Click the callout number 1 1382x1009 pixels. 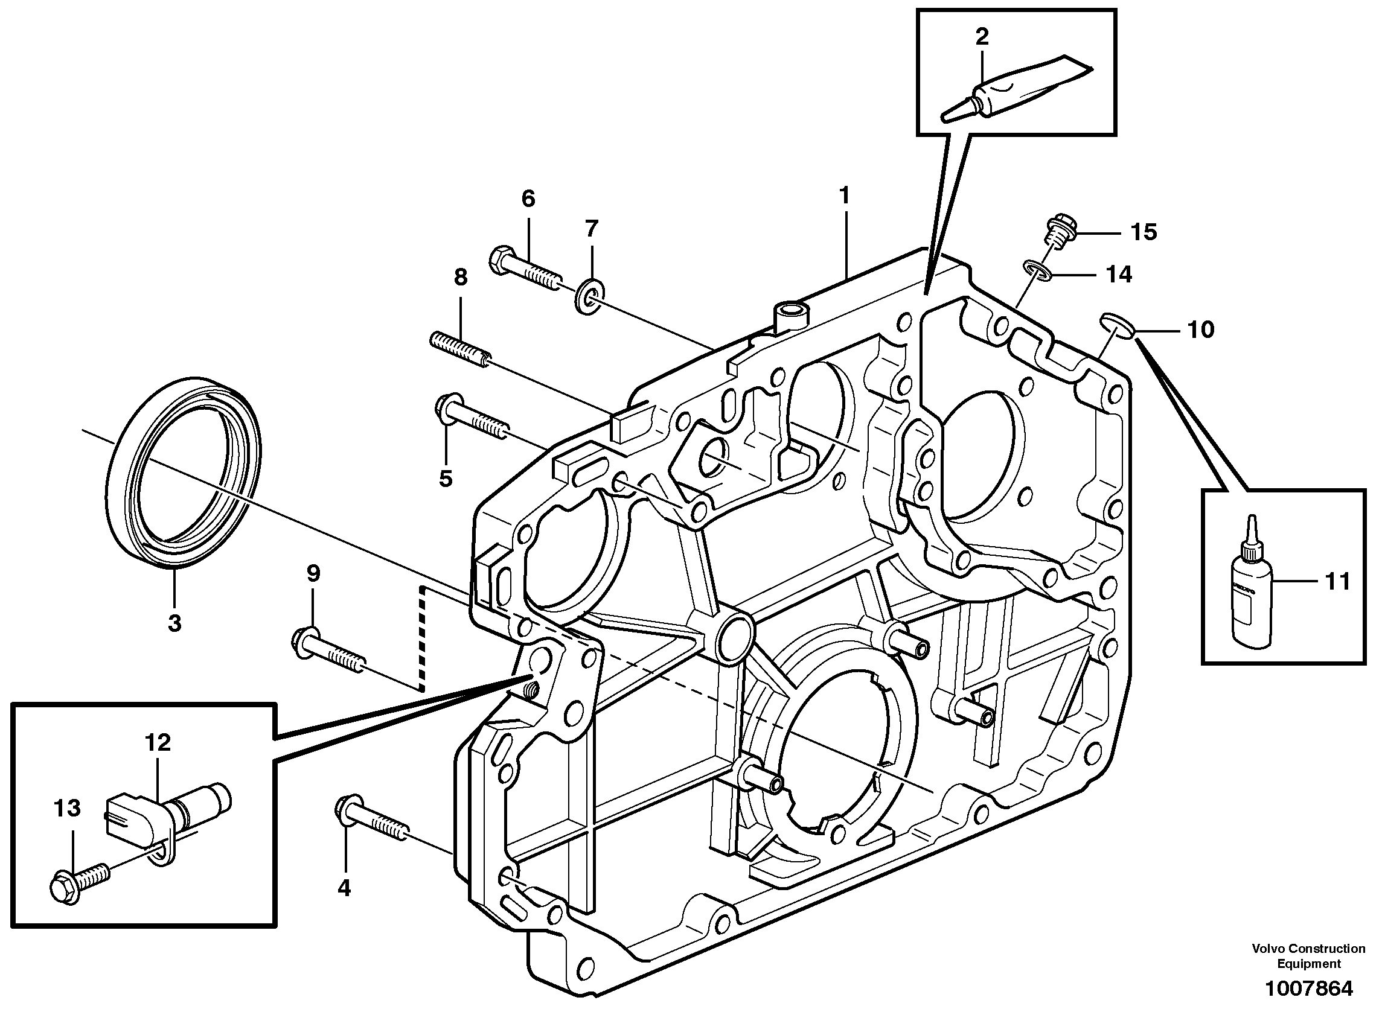point(844,196)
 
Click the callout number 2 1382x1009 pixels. point(981,37)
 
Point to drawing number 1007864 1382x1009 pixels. point(1308,988)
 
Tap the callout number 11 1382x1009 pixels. point(1337,582)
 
